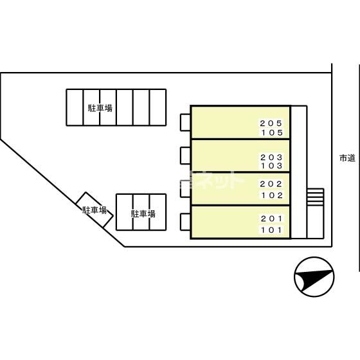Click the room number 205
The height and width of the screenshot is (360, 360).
click(x=271, y=123)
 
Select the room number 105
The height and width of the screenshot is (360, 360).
click(x=272, y=132)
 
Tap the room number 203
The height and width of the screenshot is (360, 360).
click(x=271, y=157)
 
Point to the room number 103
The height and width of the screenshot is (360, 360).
click(x=271, y=166)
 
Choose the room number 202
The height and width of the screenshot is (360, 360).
click(x=271, y=184)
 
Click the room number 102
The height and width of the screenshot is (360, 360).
click(x=272, y=195)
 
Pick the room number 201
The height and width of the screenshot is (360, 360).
click(x=271, y=219)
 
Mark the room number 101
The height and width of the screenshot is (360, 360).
click(x=271, y=230)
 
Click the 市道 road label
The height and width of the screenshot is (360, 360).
click(x=347, y=158)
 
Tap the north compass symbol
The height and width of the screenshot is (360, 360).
click(x=314, y=276)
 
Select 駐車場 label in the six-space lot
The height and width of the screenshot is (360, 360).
click(x=100, y=108)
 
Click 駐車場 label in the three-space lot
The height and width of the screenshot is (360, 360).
click(x=143, y=213)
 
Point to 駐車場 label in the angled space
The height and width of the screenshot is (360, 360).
click(x=94, y=210)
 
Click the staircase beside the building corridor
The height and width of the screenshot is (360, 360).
click(x=315, y=197)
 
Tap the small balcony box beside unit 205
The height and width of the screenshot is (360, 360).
click(x=185, y=122)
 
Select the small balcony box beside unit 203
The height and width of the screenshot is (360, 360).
click(x=185, y=156)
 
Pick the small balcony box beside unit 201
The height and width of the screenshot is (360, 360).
click(x=185, y=222)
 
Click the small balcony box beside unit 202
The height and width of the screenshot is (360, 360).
click(x=185, y=189)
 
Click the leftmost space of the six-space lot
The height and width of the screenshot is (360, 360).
click(x=75, y=107)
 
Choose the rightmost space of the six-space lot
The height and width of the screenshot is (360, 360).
click(x=157, y=107)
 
